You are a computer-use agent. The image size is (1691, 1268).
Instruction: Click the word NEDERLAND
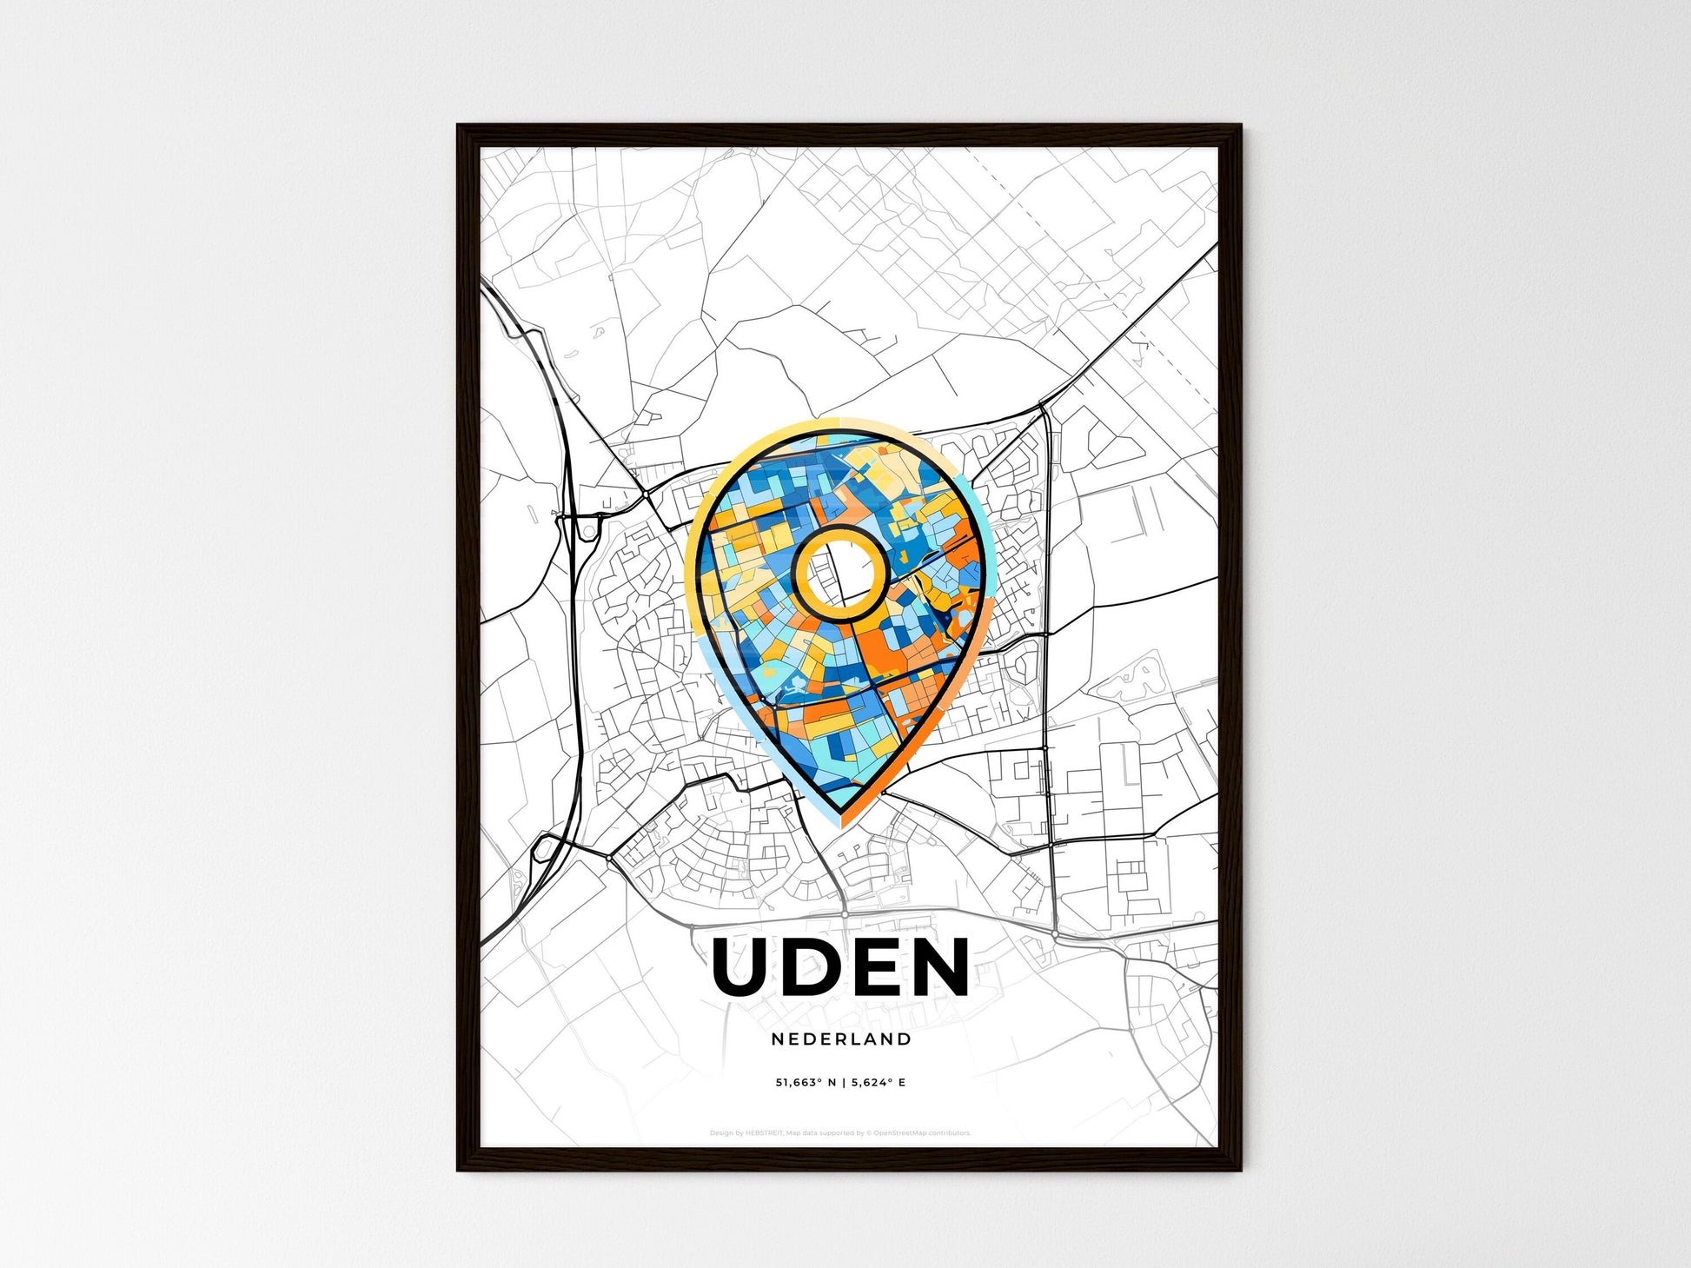841,1039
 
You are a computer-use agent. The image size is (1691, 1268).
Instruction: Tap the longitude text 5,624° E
878,1083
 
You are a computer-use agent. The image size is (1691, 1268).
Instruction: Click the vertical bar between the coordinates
843,1083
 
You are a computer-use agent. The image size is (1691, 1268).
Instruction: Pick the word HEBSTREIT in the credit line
766,1133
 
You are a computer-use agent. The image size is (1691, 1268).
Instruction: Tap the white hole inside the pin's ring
839,574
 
